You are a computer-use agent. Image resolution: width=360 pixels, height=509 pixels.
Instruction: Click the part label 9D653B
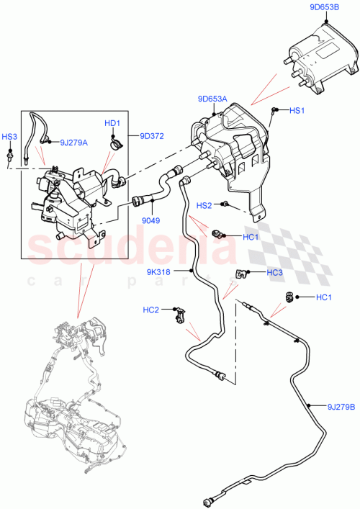[325, 8]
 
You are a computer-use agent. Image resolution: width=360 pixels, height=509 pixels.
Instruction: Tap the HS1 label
[297, 111]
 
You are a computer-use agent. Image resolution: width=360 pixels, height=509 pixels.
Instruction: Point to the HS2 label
[204, 205]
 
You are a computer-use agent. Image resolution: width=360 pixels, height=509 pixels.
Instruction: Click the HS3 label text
[9, 136]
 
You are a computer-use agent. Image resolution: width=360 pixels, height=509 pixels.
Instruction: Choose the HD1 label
[112, 123]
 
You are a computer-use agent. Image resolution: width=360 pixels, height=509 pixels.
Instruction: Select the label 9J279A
[74, 143]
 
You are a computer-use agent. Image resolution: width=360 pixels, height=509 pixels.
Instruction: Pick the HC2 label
[150, 310]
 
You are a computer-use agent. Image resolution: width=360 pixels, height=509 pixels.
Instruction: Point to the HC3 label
[274, 272]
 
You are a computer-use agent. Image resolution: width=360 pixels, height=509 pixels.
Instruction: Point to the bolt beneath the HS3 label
[11, 153]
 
